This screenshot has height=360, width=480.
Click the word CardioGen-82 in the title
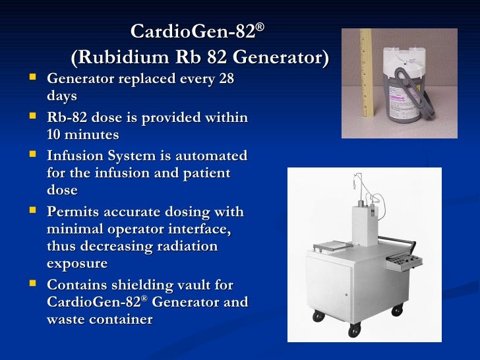click(x=193, y=32)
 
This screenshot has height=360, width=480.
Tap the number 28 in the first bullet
click(x=225, y=80)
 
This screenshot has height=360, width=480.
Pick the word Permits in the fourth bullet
click(x=74, y=212)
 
